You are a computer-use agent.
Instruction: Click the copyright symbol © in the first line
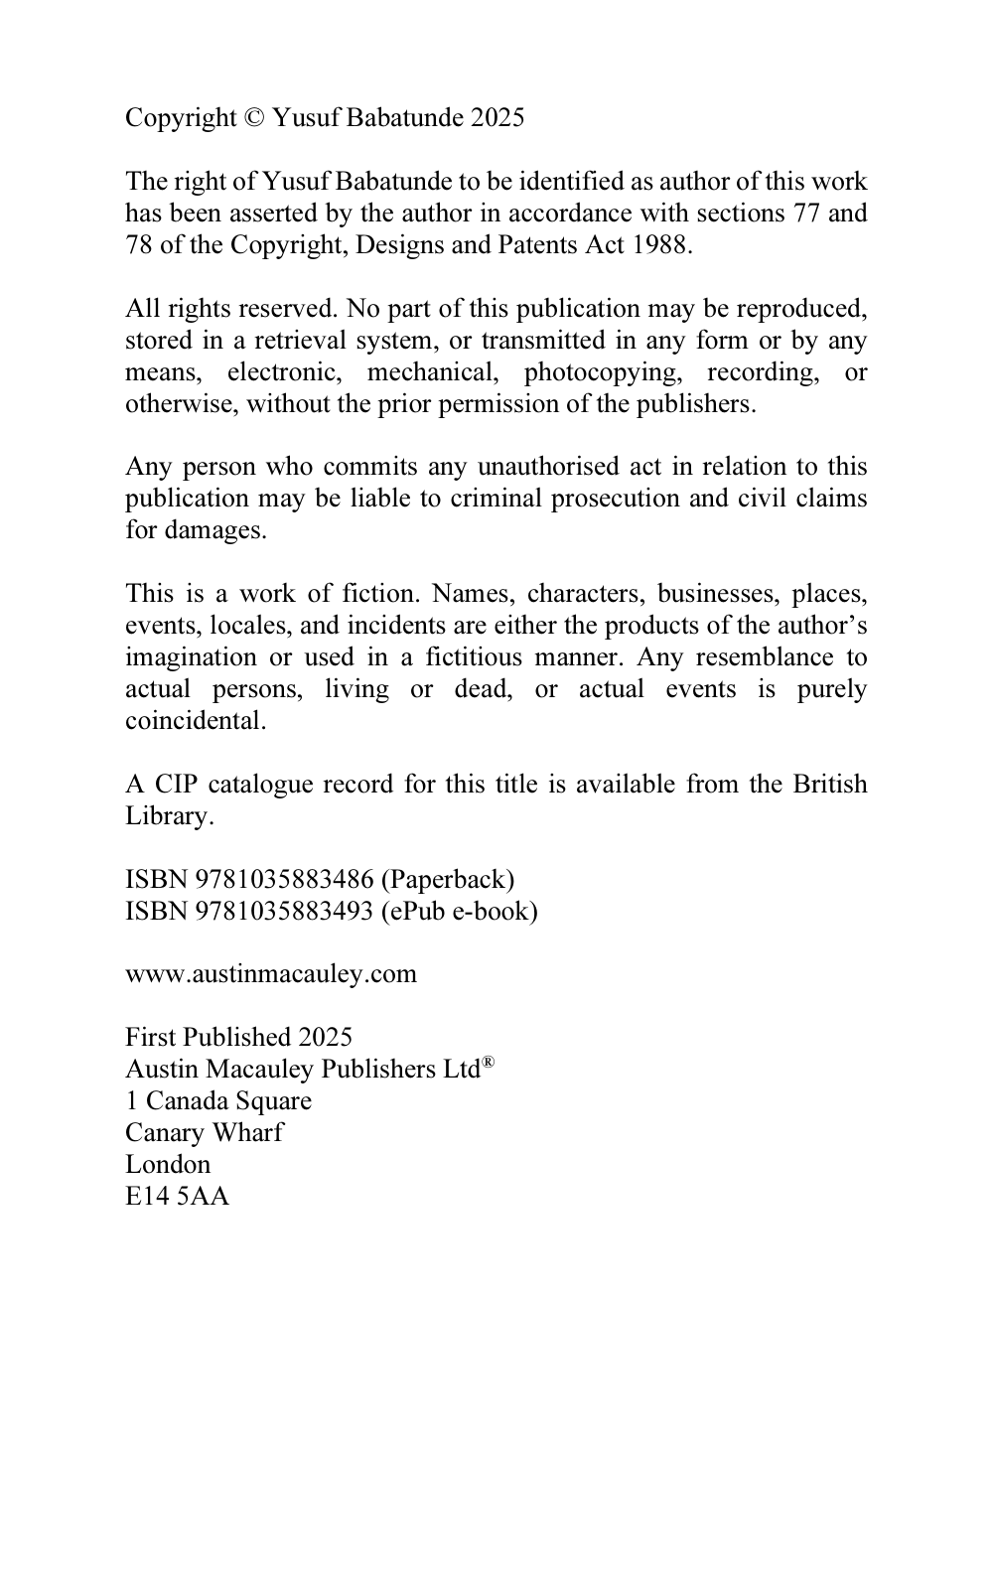click(x=254, y=118)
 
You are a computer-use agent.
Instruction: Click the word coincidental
click(x=196, y=721)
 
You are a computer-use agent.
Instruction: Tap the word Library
click(x=169, y=816)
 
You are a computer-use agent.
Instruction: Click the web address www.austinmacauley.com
click(x=271, y=974)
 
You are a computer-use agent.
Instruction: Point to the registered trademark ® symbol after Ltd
click(x=488, y=1064)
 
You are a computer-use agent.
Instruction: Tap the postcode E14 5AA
click(x=177, y=1197)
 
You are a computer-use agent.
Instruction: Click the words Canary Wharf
click(x=204, y=1133)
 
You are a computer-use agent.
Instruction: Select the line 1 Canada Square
click(x=217, y=1101)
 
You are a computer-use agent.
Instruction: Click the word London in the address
click(x=168, y=1165)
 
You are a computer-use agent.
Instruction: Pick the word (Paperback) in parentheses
click(x=448, y=880)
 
